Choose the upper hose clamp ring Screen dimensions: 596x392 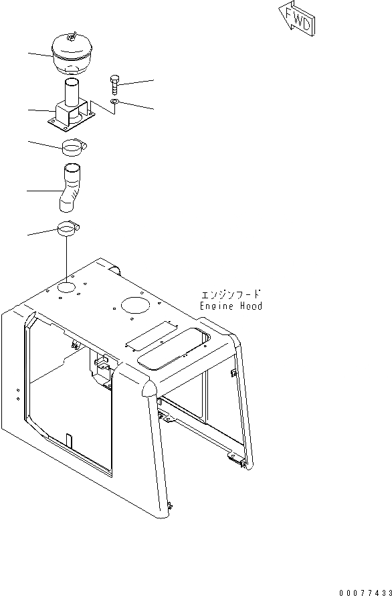(73, 146)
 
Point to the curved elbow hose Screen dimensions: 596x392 (69, 188)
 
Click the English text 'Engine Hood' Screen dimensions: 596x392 (231, 306)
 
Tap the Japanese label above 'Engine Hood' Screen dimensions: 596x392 (231, 294)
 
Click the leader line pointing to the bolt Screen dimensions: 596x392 (138, 82)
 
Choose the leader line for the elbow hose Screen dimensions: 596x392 (40, 191)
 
